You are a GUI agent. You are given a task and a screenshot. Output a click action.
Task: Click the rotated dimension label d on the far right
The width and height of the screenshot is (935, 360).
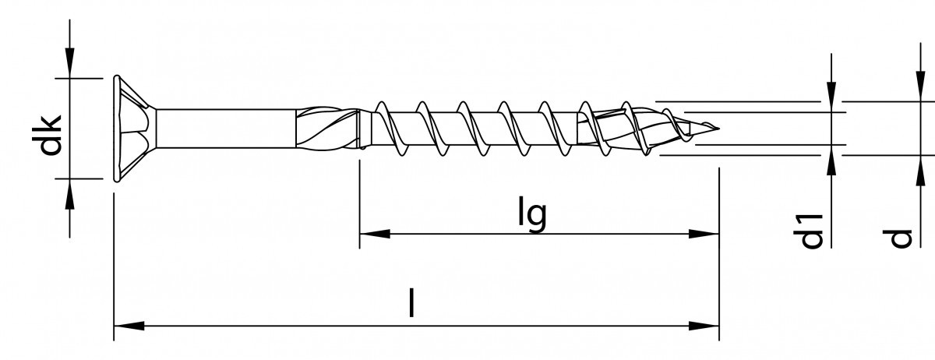point(901,238)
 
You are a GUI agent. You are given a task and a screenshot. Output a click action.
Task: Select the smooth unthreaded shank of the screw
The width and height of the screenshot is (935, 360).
point(226,128)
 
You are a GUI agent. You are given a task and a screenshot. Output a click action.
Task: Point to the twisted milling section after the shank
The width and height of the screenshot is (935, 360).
point(327,128)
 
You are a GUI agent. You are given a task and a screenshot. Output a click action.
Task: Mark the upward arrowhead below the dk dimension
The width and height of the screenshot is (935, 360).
point(70,192)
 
